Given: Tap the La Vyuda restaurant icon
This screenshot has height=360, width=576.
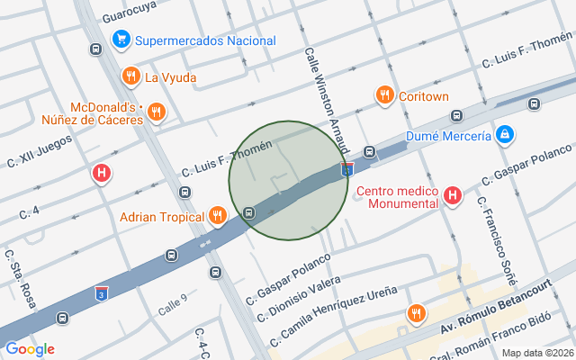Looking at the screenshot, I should click(131, 76).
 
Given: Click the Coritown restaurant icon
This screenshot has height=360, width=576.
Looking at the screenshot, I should click(384, 94).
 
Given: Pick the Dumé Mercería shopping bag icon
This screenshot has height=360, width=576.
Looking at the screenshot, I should click(505, 135).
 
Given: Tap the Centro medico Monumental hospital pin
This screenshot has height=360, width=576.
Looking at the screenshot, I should click(453, 194).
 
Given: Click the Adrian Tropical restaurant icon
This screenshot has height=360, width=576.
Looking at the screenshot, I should click(217, 216).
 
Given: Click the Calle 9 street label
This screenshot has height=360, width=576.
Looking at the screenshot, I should click(172, 303).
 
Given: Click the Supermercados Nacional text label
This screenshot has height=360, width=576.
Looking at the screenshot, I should click(205, 40).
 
